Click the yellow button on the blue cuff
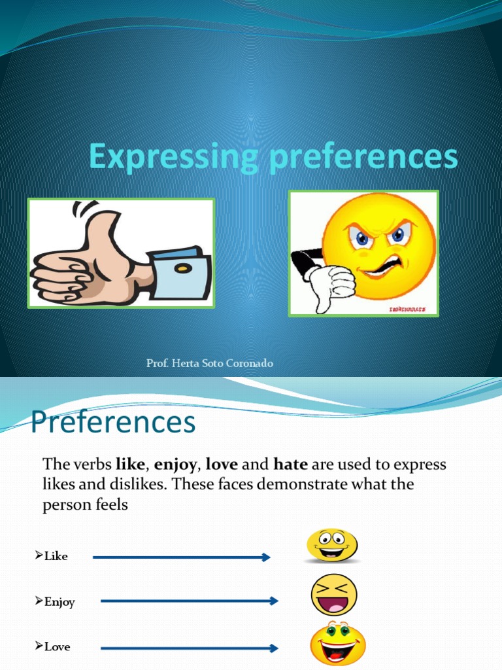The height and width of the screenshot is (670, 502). [x=182, y=268]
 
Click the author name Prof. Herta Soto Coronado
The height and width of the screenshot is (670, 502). [x=209, y=363]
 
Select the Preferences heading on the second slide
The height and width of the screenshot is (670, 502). [x=113, y=422]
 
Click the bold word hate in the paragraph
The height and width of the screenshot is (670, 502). [x=291, y=465]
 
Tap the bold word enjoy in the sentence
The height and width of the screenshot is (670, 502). [x=175, y=465]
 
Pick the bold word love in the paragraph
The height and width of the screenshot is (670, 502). [x=222, y=465]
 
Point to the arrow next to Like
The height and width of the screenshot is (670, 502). [x=182, y=557]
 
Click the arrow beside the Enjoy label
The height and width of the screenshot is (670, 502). [x=190, y=601]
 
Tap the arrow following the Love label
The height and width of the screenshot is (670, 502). [x=190, y=648]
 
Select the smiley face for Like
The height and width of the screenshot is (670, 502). [x=332, y=546]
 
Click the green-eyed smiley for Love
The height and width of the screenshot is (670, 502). [x=337, y=644]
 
